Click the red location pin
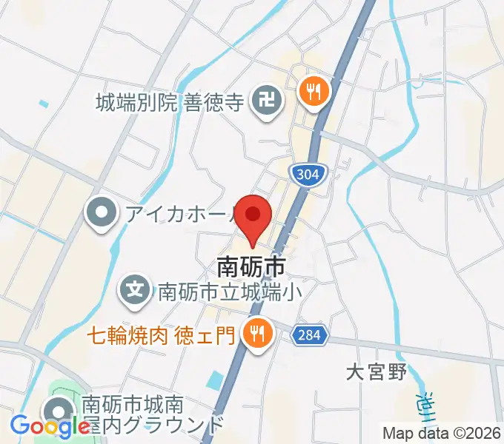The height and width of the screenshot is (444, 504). pos(253,215)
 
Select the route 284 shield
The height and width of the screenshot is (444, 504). pos(308,335)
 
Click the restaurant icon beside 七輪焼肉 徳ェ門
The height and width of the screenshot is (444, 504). pos(257,334)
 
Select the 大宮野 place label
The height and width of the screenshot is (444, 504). pos(377,372)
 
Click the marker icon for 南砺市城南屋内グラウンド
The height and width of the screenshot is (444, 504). pos(58,411)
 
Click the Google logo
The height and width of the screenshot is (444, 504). pos(50,425)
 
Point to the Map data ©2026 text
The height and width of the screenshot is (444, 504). pos(442,433)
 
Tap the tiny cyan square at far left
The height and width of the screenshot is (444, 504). pos(43,103)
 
